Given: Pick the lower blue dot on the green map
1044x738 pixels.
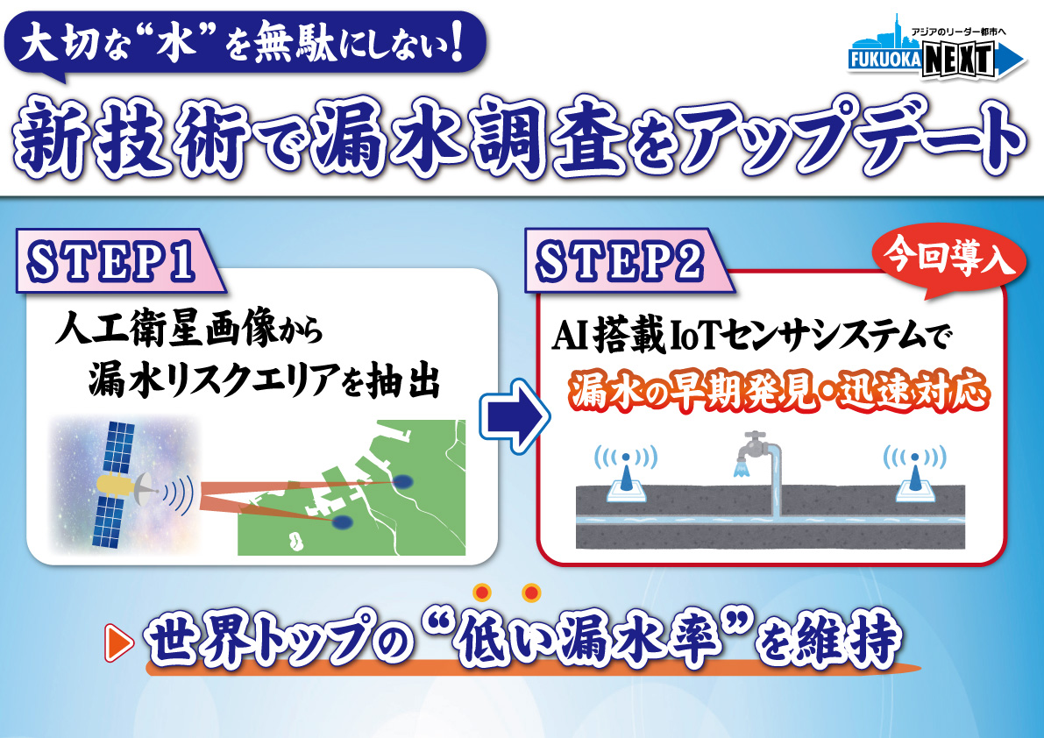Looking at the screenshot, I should [343, 522].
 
